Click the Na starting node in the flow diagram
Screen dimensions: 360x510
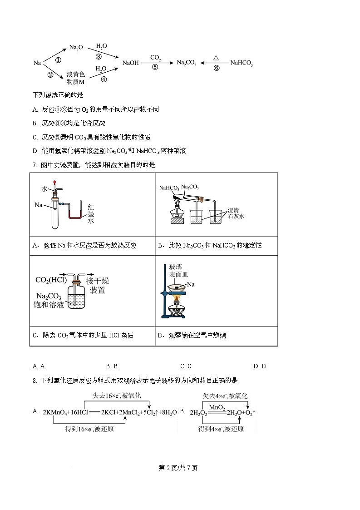point(37,63)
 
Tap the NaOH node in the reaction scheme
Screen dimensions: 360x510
point(130,63)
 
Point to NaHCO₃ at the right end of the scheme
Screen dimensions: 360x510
point(242,63)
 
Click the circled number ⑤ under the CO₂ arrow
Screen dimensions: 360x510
point(155,67)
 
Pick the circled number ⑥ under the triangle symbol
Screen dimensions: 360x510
point(216,68)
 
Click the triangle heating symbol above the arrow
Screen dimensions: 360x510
point(216,58)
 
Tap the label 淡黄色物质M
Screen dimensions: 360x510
point(76,78)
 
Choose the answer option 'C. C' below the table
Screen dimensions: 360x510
point(186,366)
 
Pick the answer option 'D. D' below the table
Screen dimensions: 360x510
point(260,366)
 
